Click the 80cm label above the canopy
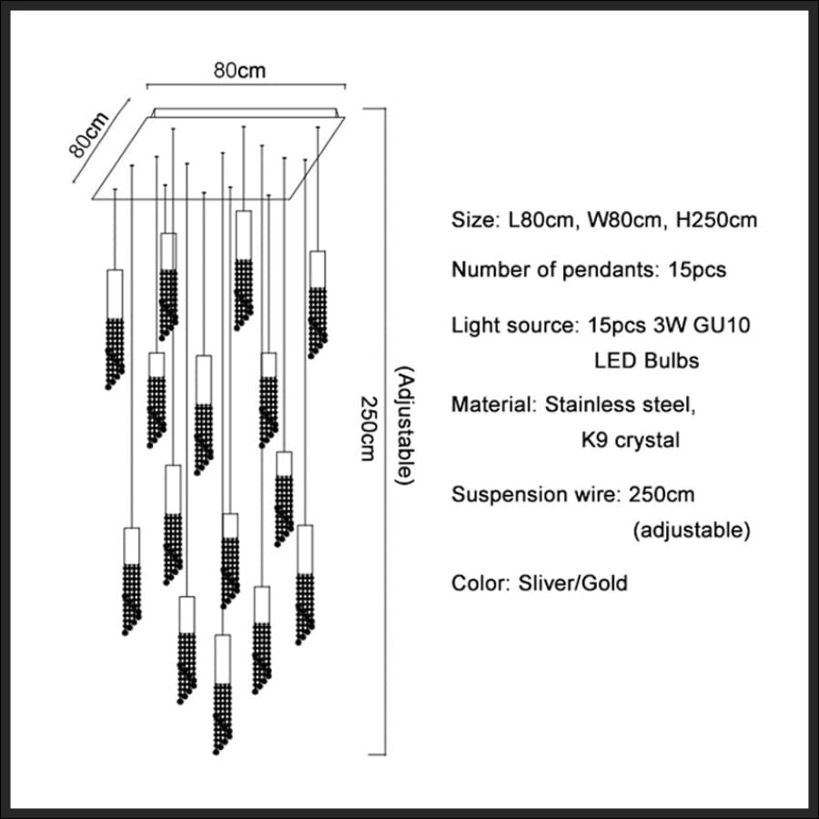point(239,70)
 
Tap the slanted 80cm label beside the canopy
point(89,135)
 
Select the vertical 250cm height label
point(368,429)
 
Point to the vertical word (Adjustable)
point(404,425)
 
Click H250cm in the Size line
point(716,220)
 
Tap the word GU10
point(722,325)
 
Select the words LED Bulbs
point(646,360)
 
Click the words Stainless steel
point(620,404)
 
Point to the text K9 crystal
point(631,440)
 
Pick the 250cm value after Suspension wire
point(662,494)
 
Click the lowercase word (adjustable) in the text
point(692,530)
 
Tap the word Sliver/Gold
point(572,583)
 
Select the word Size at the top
point(475,220)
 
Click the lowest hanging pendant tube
point(223,659)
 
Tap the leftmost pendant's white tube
point(115,294)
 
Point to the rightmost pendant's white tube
point(317,269)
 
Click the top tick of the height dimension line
point(375,108)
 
